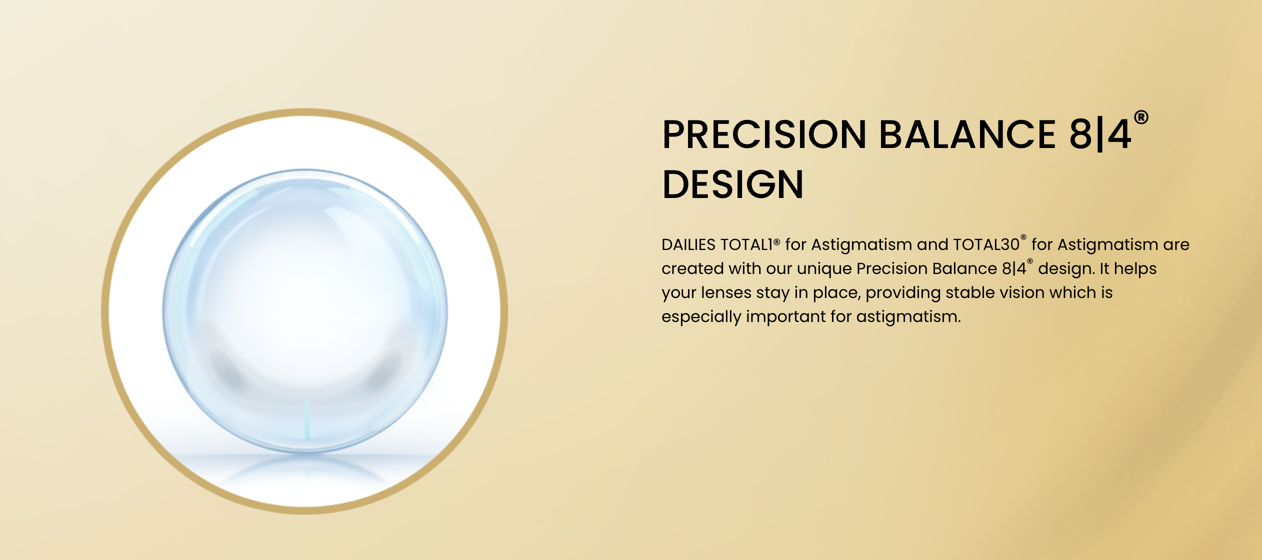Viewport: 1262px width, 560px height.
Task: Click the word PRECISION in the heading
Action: pyautogui.click(x=764, y=134)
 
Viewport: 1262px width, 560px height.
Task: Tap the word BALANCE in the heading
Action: pyautogui.click(x=967, y=134)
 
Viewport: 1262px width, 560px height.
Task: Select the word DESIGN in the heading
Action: pyautogui.click(x=733, y=184)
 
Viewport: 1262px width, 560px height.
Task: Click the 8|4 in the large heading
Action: pyautogui.click(x=1099, y=134)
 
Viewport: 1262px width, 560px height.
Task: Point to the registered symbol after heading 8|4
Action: pyautogui.click(x=1141, y=117)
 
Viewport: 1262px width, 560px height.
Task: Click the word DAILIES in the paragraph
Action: pyautogui.click(x=688, y=244)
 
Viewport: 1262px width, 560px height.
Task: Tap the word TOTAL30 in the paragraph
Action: pyautogui.click(x=986, y=244)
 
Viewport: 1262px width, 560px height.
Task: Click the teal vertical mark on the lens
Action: pyautogui.click(x=307, y=419)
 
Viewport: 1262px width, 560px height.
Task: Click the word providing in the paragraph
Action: pyautogui.click(x=903, y=293)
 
